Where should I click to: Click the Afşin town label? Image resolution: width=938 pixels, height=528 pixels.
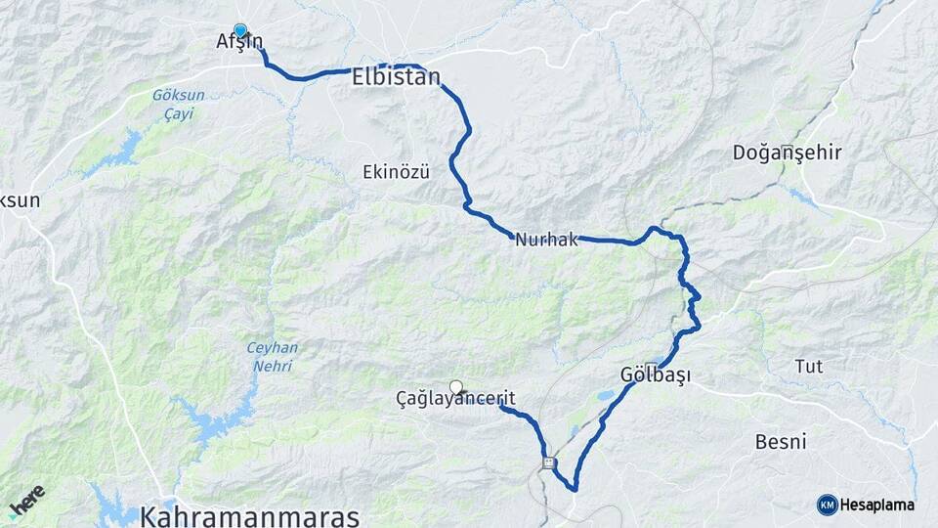pyautogui.click(x=239, y=42)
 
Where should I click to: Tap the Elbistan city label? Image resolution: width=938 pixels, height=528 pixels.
pyautogui.click(x=396, y=78)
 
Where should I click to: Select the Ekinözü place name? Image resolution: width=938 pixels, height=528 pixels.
pyautogui.click(x=396, y=171)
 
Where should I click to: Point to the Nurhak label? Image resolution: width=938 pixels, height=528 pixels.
pyautogui.click(x=548, y=239)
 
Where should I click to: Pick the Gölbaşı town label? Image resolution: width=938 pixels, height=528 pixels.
pyautogui.click(x=656, y=375)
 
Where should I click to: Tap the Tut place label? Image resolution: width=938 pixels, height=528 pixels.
pyautogui.click(x=807, y=366)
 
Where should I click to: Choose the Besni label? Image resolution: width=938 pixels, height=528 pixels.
pyautogui.click(x=781, y=441)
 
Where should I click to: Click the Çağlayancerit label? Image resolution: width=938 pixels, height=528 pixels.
pyautogui.click(x=455, y=399)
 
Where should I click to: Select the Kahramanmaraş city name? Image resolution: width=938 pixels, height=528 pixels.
pyautogui.click(x=250, y=515)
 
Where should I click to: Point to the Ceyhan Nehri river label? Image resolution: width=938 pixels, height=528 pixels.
pyautogui.click(x=273, y=356)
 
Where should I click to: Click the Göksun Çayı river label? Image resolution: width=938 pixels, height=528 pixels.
pyautogui.click(x=173, y=105)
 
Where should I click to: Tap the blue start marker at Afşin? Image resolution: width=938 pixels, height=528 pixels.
pyautogui.click(x=239, y=30)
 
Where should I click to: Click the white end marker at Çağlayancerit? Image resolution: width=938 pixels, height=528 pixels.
pyautogui.click(x=455, y=386)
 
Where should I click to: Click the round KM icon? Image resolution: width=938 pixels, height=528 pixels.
pyautogui.click(x=827, y=505)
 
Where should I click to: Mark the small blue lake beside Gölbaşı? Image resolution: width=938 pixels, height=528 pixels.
pyautogui.click(x=606, y=397)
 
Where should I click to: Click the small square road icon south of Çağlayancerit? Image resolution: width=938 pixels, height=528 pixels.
pyautogui.click(x=550, y=462)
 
